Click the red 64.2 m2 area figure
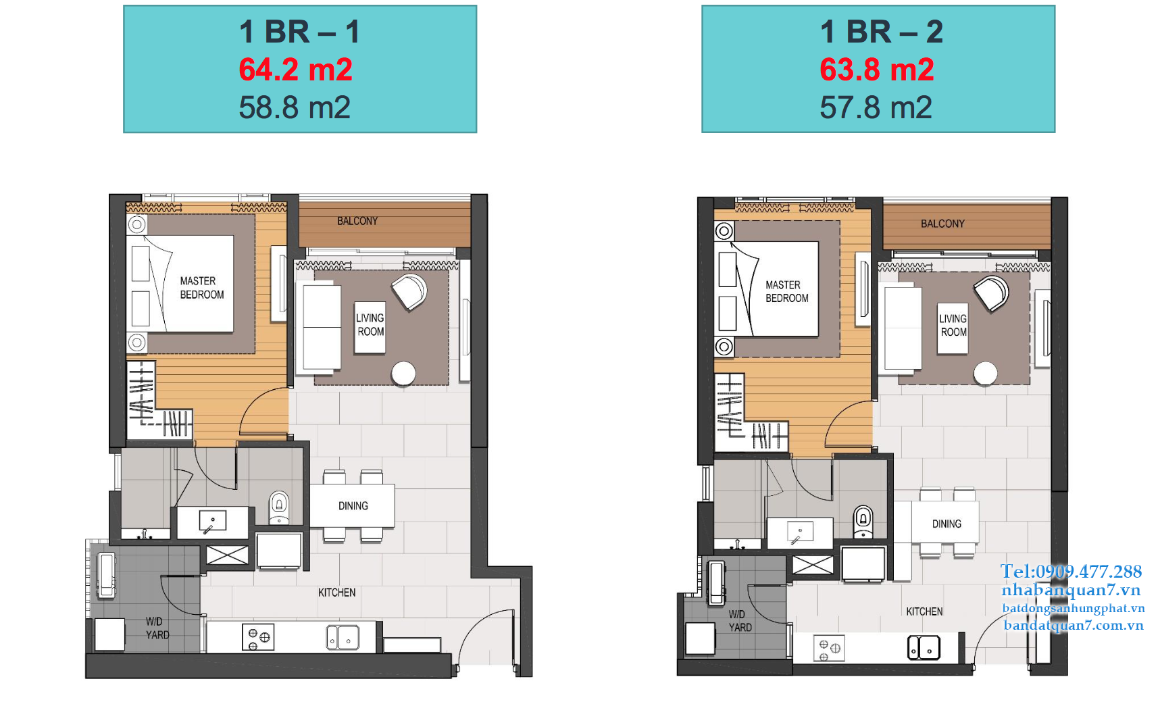click(x=295, y=70)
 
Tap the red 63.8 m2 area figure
click(x=876, y=70)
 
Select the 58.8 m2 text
click(x=295, y=107)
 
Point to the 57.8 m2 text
click(x=876, y=107)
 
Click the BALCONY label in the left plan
click(x=357, y=221)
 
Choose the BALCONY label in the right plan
click(x=942, y=224)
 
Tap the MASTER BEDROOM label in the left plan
click(x=201, y=288)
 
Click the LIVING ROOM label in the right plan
click(x=953, y=325)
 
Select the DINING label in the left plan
click(x=353, y=506)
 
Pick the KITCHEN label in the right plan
click(x=924, y=611)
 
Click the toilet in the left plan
click(x=279, y=507)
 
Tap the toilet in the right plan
click(x=863, y=521)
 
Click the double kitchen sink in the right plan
click(x=924, y=647)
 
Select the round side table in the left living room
click(x=403, y=374)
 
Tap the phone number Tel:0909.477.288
click(x=1071, y=572)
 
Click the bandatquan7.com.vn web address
click(x=1074, y=625)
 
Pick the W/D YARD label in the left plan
click(x=157, y=628)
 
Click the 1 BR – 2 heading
click(x=881, y=32)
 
